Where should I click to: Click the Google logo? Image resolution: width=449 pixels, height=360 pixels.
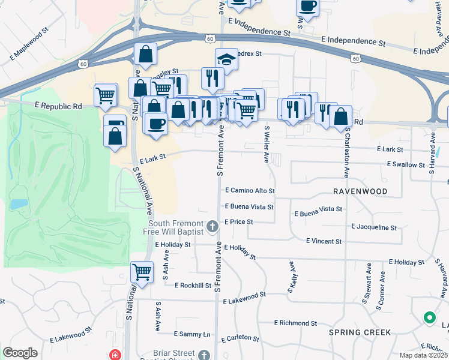pyautogui.click(x=20, y=353)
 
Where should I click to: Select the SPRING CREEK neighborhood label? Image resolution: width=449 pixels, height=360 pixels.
pyautogui.click(x=360, y=332)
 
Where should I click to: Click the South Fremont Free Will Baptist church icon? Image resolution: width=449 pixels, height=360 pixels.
pyautogui.click(x=212, y=227)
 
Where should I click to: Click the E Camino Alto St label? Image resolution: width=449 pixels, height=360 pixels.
pyautogui.click(x=250, y=191)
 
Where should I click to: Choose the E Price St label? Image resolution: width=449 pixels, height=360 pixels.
pyautogui.click(x=239, y=222)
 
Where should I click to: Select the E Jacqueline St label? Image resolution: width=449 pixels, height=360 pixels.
pyautogui.click(x=374, y=228)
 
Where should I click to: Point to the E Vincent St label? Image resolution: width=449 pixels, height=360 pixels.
pyautogui.click(x=324, y=241)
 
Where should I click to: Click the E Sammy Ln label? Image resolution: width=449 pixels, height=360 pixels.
pyautogui.click(x=192, y=334)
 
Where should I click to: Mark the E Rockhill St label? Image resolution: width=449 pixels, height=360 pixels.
pyautogui.click(x=193, y=286)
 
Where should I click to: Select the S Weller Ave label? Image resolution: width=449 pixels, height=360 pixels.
pyautogui.click(x=267, y=144)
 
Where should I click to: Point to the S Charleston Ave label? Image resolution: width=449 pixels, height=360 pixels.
pyautogui.click(x=346, y=155)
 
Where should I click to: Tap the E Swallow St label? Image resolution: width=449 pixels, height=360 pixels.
pyautogui.click(x=406, y=164)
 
